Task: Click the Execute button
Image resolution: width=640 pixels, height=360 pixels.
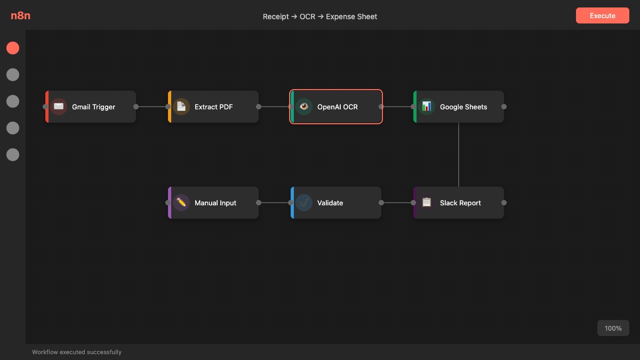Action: click(x=602, y=15)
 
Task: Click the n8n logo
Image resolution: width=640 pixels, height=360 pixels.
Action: click(x=20, y=15)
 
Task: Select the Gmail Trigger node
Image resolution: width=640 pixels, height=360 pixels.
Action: click(x=93, y=107)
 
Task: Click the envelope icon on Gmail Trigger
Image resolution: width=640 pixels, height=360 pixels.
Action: click(x=59, y=107)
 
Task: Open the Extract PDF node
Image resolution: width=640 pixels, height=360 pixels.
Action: click(x=213, y=107)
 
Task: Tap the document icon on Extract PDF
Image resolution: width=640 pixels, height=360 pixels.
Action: click(x=181, y=107)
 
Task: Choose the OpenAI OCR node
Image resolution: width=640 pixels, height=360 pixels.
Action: click(x=337, y=107)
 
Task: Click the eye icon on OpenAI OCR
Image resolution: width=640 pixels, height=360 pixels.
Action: click(x=304, y=107)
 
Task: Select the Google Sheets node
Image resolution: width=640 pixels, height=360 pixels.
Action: click(x=463, y=107)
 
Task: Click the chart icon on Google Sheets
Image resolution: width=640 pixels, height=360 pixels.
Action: click(x=427, y=107)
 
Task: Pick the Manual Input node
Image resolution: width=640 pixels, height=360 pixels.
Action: click(x=215, y=203)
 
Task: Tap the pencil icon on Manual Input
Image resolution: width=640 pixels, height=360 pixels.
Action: click(x=181, y=203)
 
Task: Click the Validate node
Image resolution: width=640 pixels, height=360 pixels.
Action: click(x=336, y=203)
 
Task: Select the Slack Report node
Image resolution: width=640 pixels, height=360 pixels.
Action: click(x=460, y=203)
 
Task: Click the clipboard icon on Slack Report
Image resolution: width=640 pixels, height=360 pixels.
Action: click(x=427, y=203)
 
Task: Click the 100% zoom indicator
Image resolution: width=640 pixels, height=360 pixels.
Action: click(x=613, y=328)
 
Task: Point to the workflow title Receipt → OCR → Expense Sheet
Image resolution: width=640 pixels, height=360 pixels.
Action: click(x=320, y=17)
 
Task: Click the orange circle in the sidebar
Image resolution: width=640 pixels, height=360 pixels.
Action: click(x=13, y=48)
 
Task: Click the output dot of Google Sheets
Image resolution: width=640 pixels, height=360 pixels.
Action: click(x=504, y=107)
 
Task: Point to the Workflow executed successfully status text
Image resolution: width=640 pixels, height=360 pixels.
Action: click(x=77, y=352)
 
